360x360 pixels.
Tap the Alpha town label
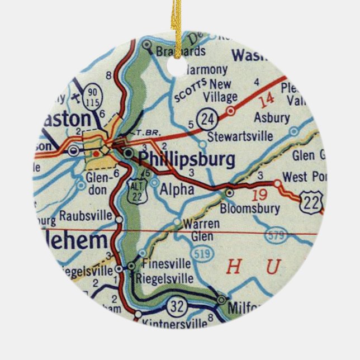[177, 190]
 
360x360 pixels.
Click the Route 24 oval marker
[209, 119]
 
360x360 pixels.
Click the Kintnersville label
[169, 324]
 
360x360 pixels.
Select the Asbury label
[272, 118]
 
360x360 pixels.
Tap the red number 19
[258, 196]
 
